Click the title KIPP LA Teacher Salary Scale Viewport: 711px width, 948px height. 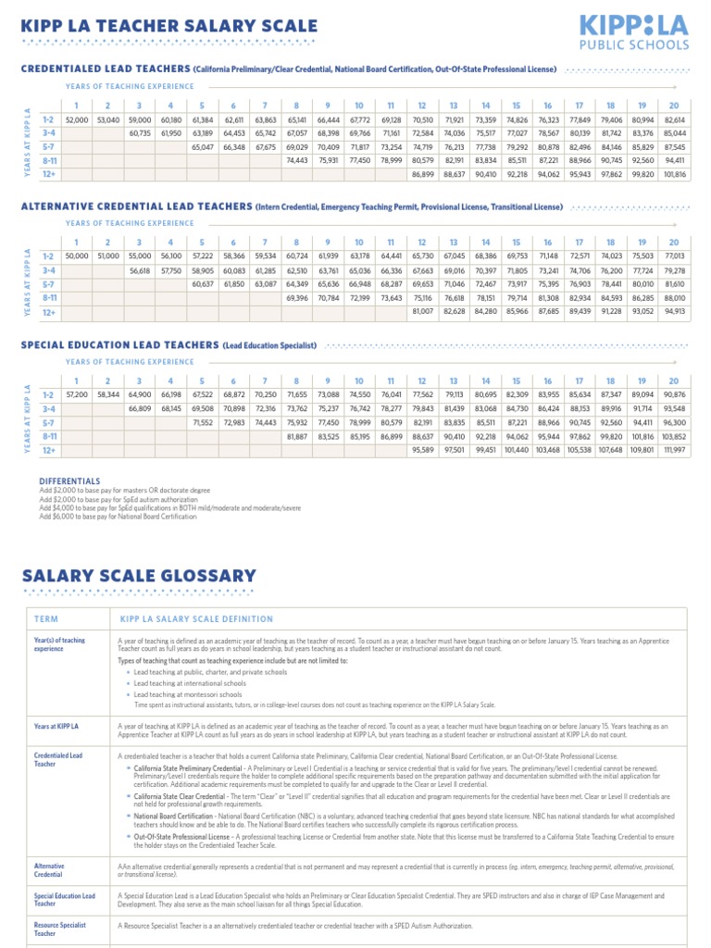click(x=168, y=26)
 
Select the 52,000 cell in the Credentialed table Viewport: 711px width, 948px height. click(x=77, y=120)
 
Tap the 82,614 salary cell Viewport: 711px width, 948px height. click(x=674, y=120)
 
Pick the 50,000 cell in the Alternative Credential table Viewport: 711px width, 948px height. click(x=77, y=256)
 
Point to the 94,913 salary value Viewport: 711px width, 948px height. click(x=674, y=311)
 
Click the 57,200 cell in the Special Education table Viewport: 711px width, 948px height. click(x=77, y=395)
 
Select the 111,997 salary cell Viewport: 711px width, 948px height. click(x=674, y=451)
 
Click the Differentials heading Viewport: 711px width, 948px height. click(x=69, y=482)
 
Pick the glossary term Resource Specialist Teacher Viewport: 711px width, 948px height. click(x=60, y=929)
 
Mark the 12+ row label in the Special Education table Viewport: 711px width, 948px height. click(x=49, y=451)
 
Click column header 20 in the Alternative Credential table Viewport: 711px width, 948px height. click(x=674, y=242)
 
